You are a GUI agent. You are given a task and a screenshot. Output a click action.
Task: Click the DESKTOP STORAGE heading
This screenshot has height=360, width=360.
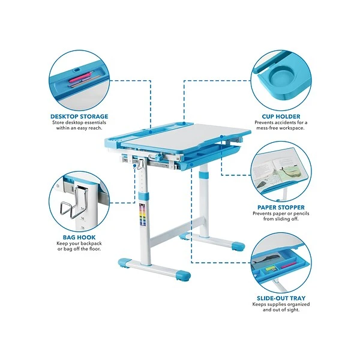coord(79,116)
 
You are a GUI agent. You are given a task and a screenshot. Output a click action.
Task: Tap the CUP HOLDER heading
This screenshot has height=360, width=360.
coord(281,116)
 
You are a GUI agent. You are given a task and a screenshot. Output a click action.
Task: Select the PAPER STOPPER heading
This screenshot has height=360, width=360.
coord(281,208)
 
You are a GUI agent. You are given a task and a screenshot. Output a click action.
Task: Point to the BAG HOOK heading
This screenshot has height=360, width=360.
coord(79,237)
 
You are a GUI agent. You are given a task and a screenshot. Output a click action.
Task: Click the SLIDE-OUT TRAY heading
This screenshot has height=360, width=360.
coord(281,298)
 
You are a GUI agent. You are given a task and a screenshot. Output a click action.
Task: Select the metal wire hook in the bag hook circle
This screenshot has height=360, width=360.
coord(73,202)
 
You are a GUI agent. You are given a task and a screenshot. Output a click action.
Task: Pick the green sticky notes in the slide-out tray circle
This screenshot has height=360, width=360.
coord(271,268)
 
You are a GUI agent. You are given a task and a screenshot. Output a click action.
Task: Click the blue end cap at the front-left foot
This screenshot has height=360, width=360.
coord(125,263)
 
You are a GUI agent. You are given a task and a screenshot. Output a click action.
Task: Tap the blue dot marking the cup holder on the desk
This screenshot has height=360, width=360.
coord(184,123)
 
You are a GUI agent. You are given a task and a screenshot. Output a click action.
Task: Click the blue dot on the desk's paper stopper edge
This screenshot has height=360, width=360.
coord(221,137)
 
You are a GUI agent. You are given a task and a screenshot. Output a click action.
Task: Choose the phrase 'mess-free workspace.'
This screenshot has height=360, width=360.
coord(281,128)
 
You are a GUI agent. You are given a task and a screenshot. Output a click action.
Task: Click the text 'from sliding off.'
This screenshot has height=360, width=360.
coord(281,219)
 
